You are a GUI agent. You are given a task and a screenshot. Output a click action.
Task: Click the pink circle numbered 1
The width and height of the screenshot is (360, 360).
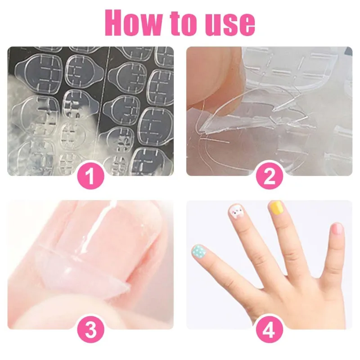coord(90,176)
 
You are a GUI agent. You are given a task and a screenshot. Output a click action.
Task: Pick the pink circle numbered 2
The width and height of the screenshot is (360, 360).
coord(269,176)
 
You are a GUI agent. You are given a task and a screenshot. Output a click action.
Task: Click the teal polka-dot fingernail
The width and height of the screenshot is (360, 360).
coord(198,251)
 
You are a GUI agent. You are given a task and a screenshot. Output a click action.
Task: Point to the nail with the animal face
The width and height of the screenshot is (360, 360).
coord(236,211)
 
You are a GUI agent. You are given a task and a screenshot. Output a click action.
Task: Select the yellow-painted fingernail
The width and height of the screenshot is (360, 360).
coord(275,207)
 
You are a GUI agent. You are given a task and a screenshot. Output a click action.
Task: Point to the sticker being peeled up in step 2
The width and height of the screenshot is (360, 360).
coord(234,117)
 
